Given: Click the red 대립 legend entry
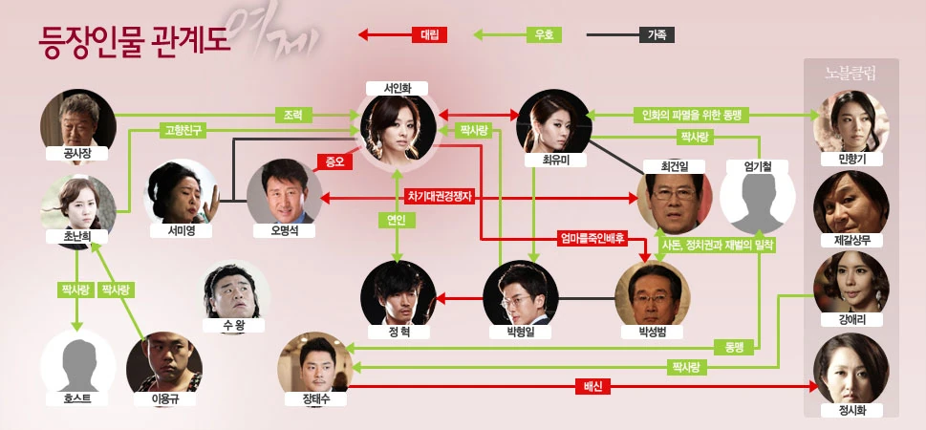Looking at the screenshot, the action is (x=428, y=35).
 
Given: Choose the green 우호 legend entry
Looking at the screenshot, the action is (x=544, y=35).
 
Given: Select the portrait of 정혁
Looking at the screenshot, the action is (x=398, y=295).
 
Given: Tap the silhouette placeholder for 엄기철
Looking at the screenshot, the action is (x=756, y=201).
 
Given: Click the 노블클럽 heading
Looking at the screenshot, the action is (x=851, y=73).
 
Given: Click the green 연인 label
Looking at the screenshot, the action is (x=397, y=219).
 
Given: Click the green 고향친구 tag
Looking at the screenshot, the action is (x=183, y=129).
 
